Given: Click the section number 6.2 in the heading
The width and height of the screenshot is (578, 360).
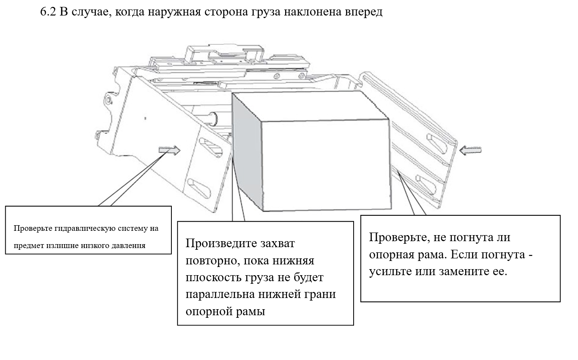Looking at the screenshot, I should coord(48,12).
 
